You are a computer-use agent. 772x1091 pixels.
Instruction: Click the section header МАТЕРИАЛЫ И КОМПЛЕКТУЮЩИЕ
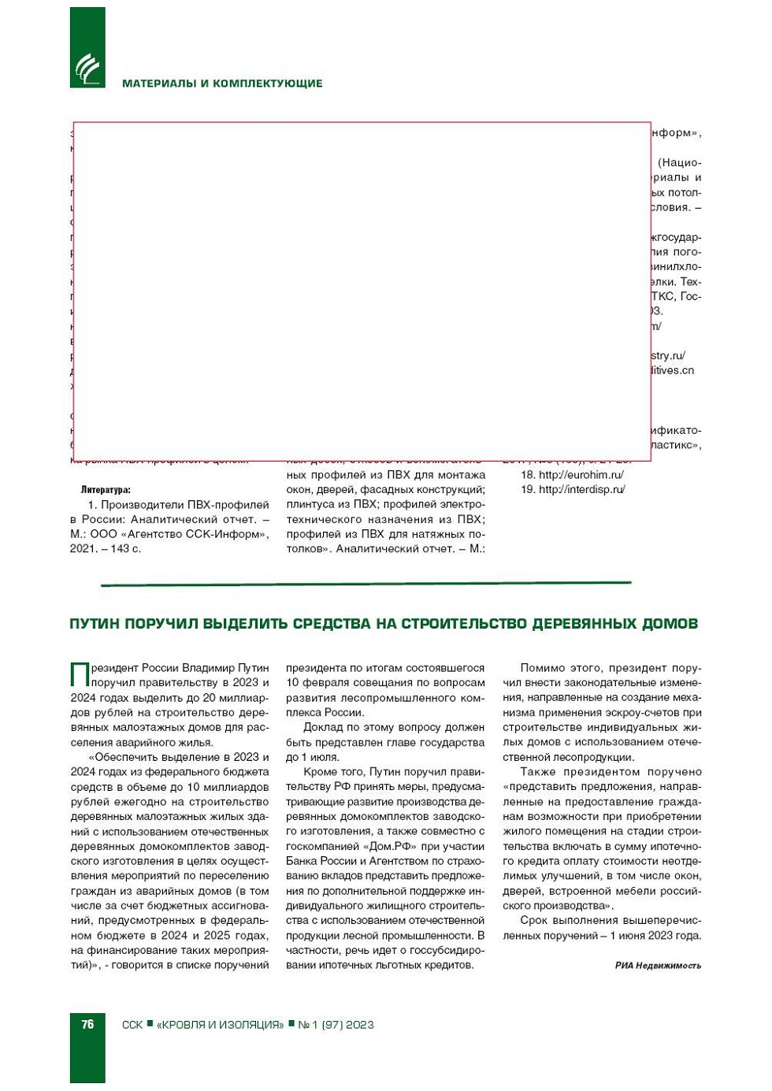coord(222,83)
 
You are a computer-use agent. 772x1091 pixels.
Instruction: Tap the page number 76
coord(87,1024)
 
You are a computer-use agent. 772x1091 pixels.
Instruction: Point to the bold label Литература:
coord(106,490)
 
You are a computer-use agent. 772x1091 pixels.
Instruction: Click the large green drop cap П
coord(80,675)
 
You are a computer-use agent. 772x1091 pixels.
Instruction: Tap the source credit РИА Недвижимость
coord(658,966)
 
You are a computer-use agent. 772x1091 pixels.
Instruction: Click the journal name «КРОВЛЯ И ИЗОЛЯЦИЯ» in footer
coord(220,1025)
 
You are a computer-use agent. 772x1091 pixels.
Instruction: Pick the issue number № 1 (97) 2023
coord(336,1025)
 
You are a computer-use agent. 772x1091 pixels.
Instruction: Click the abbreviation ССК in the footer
coord(132,1025)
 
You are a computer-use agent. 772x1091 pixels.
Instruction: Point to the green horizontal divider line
coord(366,584)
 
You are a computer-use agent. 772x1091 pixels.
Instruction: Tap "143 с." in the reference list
coord(125,548)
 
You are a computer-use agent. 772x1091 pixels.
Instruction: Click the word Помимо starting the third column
coord(543,668)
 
